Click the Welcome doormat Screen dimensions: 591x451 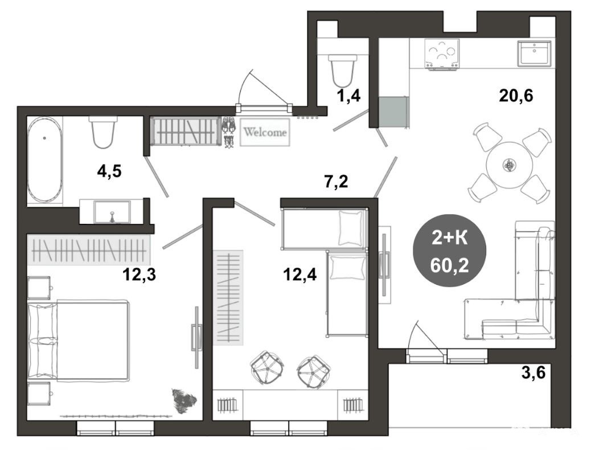point(265,132)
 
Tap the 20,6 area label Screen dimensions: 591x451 point(516,96)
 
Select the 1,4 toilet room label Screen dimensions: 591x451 point(348,96)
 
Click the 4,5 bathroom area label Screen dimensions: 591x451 point(109,171)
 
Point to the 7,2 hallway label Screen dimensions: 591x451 point(336,182)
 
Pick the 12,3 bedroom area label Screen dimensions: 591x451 point(139,275)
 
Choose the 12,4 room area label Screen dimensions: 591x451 point(300,275)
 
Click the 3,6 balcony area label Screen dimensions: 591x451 point(533,373)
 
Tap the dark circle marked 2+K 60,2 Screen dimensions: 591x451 point(450,251)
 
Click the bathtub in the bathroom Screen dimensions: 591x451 point(45,160)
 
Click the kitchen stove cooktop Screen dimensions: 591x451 point(442,54)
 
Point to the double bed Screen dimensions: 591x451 point(79,339)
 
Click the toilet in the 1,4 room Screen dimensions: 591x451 point(342,71)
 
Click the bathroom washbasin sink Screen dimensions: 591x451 point(112,212)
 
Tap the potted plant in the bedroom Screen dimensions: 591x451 point(184,401)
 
